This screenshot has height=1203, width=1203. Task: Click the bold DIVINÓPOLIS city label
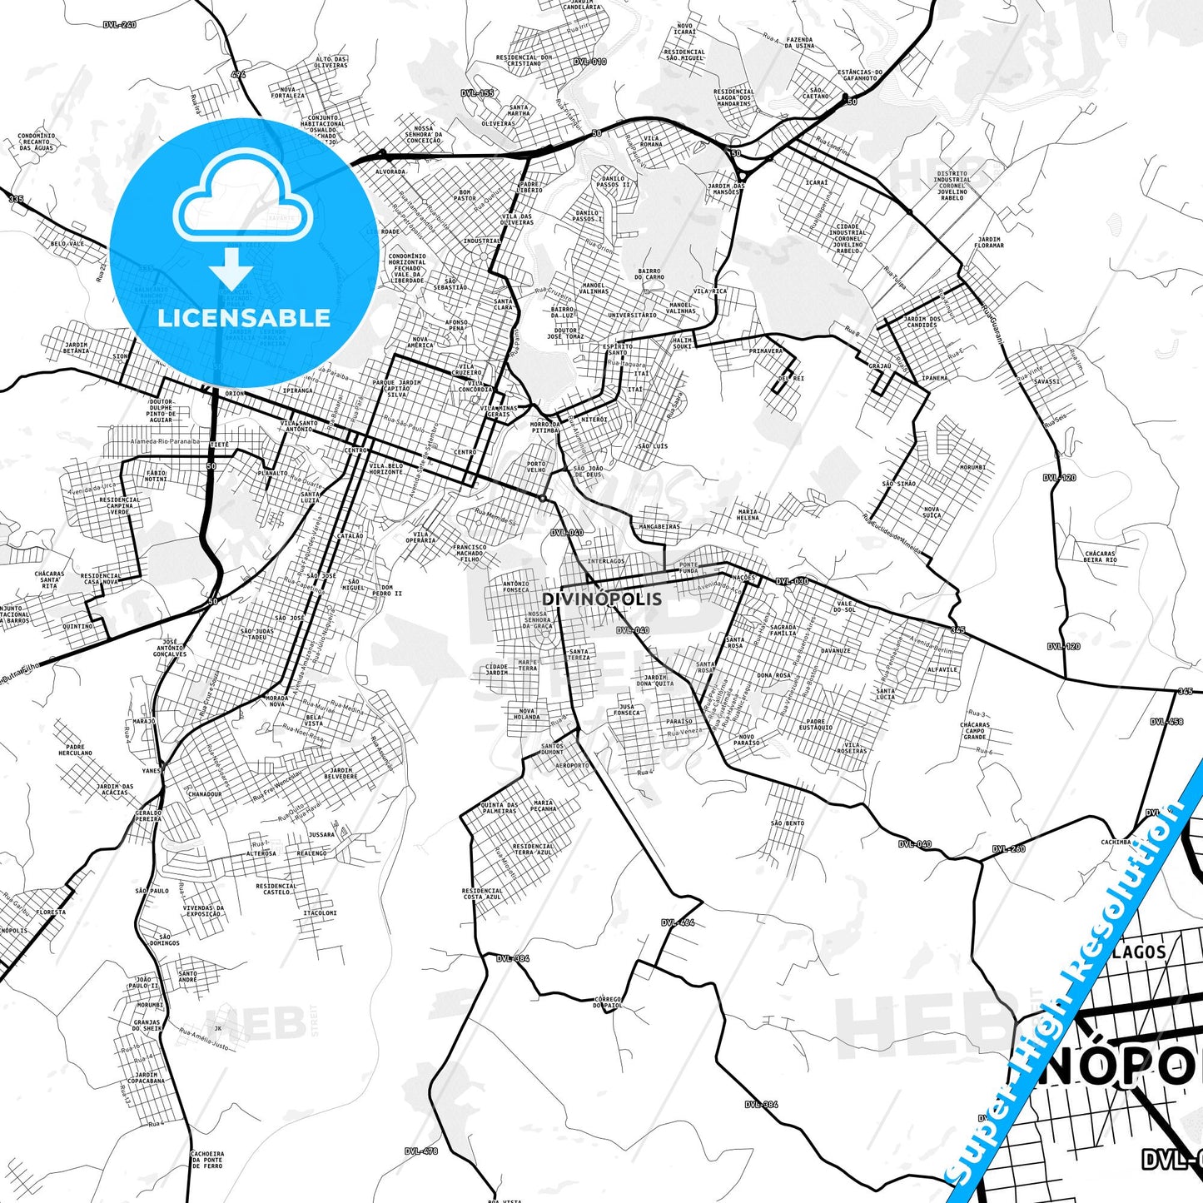click(x=602, y=599)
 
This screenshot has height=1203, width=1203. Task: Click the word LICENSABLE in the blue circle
click(x=244, y=317)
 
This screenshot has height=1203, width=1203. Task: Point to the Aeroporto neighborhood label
click(x=572, y=765)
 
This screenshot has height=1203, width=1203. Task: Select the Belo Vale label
click(x=67, y=244)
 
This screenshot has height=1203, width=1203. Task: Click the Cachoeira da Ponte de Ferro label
click(x=206, y=1160)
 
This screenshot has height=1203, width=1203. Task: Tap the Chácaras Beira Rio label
click(x=1100, y=556)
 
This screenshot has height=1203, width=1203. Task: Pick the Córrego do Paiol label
click(x=609, y=1002)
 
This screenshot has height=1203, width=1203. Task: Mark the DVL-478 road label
click(x=421, y=1151)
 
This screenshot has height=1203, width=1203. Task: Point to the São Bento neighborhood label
click(x=787, y=823)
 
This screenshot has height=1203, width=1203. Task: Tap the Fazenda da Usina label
click(x=800, y=42)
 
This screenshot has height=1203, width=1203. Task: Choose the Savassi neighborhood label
click(x=1046, y=381)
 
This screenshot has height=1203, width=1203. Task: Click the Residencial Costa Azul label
click(x=482, y=893)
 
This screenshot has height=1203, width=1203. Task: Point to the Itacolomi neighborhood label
click(x=320, y=912)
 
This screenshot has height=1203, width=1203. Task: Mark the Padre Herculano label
click(x=75, y=750)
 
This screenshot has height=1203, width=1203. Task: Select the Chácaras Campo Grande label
click(x=975, y=731)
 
